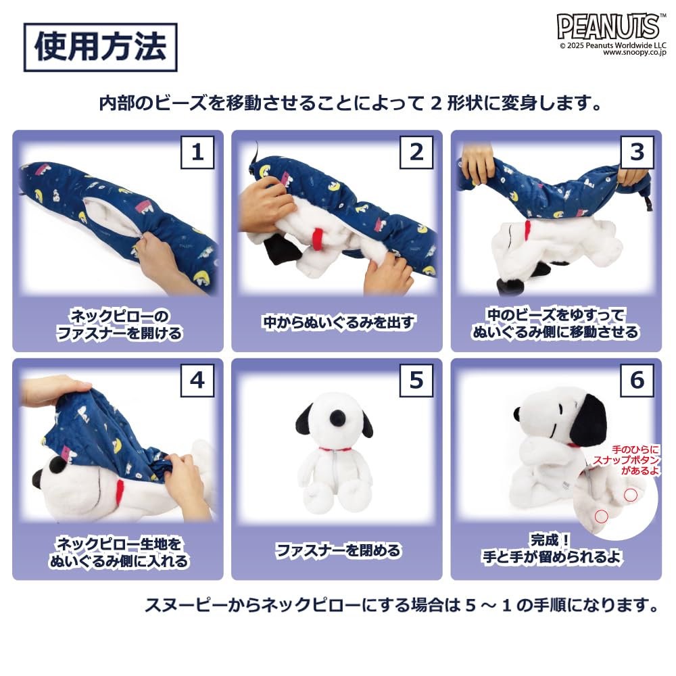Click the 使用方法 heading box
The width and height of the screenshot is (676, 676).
[100, 47]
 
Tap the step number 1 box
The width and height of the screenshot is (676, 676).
[197, 152]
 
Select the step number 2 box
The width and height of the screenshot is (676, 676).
[416, 152]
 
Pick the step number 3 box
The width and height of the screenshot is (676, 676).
[637, 152]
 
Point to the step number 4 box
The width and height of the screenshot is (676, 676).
[197, 381]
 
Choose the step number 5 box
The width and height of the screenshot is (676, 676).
[416, 381]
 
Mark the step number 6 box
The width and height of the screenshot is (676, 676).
[637, 381]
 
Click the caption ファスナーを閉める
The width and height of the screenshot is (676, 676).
[337, 550]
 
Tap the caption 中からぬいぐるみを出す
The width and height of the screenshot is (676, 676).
[337, 322]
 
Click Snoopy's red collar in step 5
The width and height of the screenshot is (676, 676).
[336, 449]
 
